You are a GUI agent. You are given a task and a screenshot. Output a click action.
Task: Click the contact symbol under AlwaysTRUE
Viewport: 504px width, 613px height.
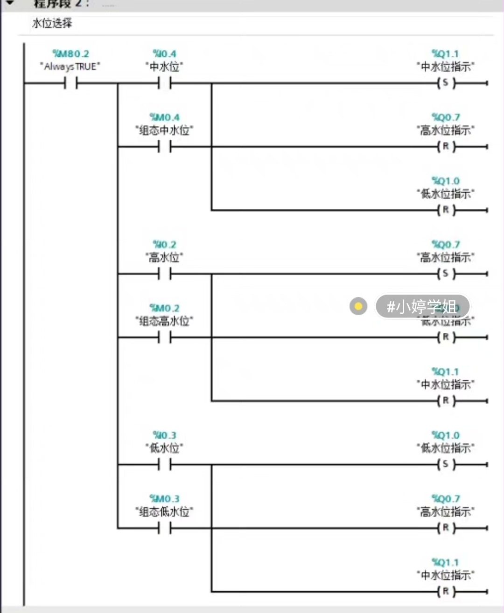coord(70,83)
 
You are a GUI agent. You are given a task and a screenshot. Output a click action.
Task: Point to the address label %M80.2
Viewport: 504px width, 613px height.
coord(70,54)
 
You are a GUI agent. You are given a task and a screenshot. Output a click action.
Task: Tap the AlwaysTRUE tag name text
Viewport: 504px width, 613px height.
coord(70,67)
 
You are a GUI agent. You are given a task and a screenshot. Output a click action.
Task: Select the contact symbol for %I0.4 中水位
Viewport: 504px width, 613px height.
coord(164,83)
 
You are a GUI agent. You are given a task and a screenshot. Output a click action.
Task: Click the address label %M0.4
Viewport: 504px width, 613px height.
coord(164,117)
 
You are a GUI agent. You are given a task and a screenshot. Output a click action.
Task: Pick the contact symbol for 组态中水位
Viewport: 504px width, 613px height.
coord(164,147)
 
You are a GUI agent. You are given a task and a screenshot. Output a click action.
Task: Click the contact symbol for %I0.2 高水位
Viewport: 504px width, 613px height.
coord(164,274)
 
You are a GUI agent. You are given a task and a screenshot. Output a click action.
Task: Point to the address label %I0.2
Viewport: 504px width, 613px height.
coord(164,244)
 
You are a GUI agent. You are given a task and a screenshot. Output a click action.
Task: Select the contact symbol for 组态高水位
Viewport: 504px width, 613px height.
coord(164,337)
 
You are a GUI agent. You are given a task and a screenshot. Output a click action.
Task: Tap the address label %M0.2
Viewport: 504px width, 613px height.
coord(164,308)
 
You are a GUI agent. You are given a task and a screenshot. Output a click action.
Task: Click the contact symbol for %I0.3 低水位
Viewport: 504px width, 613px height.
coord(164,465)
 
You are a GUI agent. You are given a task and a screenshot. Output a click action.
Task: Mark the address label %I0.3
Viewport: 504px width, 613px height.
coord(164,435)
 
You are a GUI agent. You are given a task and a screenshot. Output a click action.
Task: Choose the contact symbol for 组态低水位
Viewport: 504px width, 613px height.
coord(164,528)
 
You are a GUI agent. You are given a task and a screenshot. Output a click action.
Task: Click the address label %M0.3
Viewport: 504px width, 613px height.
coord(164,499)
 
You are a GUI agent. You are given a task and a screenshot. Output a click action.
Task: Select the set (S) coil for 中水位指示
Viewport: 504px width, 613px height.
coord(446,83)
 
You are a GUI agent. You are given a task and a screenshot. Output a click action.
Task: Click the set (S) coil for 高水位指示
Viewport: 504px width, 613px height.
coord(446,274)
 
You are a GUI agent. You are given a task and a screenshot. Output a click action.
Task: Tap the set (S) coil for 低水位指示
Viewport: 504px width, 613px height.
coord(446,464)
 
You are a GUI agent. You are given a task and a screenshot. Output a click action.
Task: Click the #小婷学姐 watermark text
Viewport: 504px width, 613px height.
coord(421,306)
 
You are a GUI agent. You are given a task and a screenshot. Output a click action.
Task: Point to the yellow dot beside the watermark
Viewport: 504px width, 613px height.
coord(358,306)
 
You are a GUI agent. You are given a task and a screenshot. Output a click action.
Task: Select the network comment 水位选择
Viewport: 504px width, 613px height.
coord(52,23)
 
